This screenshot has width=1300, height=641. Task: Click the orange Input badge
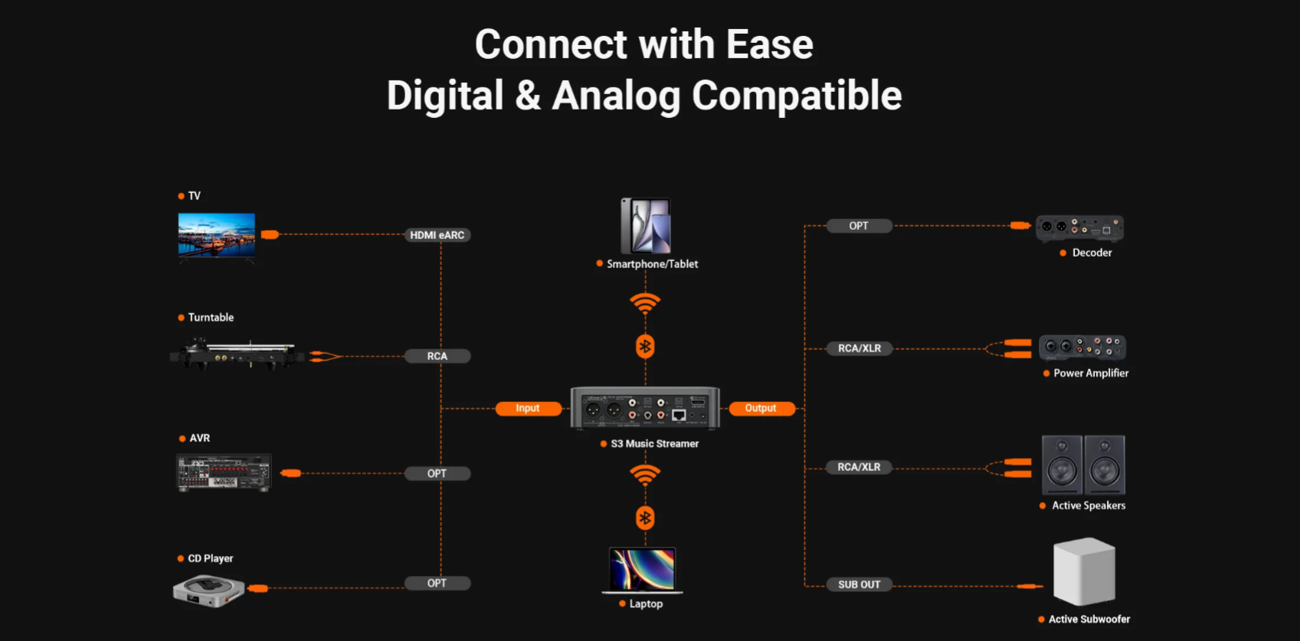click(528, 408)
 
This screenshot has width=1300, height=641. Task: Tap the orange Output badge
click(761, 408)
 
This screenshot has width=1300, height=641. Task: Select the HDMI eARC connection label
click(437, 235)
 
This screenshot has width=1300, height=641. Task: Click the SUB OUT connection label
click(859, 584)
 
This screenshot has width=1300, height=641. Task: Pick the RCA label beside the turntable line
click(437, 356)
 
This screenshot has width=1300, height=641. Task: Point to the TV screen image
click(217, 235)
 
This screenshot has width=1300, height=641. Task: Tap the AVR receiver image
click(224, 473)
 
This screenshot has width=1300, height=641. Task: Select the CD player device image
click(208, 590)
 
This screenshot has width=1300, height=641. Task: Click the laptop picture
click(642, 571)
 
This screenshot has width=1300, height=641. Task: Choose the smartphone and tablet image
click(646, 226)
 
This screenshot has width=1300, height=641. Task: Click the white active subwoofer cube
click(1084, 571)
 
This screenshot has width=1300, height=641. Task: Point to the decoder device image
click(1079, 227)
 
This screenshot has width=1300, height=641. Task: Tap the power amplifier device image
click(1082, 348)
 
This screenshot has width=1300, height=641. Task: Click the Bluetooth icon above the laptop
click(645, 518)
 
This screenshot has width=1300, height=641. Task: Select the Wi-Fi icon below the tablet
click(645, 303)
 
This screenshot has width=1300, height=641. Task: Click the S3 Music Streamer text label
click(654, 443)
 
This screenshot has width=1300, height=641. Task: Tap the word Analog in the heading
click(616, 96)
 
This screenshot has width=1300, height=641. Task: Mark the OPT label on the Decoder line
click(859, 226)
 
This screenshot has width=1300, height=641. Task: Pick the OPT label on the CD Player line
click(437, 584)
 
